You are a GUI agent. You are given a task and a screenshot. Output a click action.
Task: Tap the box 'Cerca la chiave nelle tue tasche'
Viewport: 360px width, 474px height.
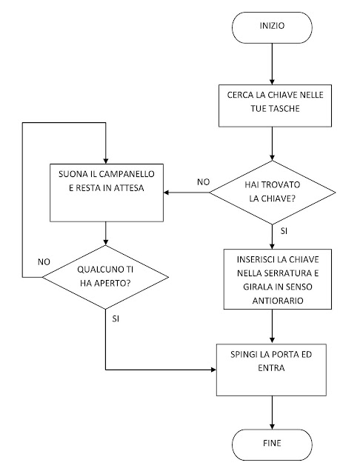click(274, 102)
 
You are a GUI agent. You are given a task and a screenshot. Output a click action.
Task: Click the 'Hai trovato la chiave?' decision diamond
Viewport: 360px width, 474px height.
click(274, 192)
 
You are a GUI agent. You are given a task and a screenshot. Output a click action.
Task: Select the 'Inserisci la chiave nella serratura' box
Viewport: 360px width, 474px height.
click(274, 278)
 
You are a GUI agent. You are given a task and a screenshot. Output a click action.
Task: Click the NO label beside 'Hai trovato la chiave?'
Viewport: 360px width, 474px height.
click(201, 181)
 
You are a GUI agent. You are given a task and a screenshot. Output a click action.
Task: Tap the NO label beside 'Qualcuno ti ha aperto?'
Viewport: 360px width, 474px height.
click(44, 261)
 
